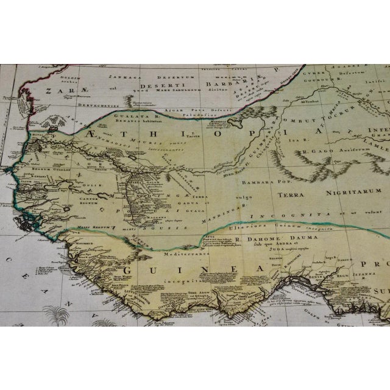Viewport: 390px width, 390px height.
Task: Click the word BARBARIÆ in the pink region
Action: pos(215,83)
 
